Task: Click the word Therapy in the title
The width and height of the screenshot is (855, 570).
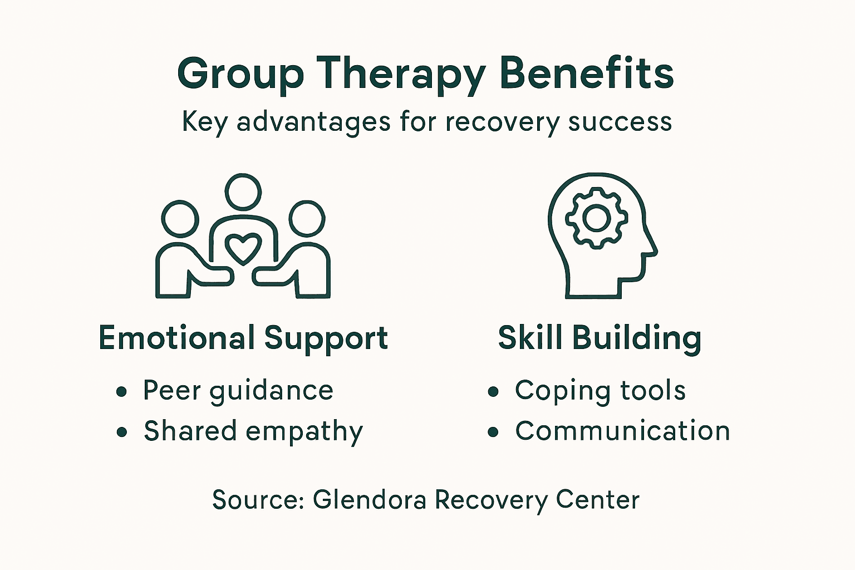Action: [401, 75]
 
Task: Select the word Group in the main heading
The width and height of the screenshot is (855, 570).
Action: [240, 75]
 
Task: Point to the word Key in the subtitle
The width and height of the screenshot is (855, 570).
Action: [204, 122]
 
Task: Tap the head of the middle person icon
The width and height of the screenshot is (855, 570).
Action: [243, 191]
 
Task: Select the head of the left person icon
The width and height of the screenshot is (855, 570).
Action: [180, 219]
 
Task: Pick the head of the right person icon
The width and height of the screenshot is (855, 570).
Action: [307, 219]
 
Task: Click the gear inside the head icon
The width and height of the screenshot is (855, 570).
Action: [597, 218]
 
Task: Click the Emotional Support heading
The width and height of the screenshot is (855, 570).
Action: [243, 338]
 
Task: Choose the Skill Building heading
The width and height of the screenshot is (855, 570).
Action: [600, 338]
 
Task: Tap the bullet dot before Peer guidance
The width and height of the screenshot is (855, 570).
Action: [122, 391]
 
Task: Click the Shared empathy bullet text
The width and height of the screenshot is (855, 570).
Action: [253, 431]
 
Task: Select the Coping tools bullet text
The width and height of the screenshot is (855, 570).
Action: [600, 391]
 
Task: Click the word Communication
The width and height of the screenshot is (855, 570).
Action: [622, 431]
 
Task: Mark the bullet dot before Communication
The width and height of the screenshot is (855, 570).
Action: [493, 432]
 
